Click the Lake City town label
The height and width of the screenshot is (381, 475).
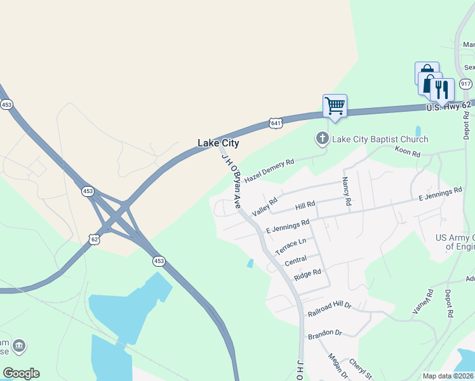(218, 144)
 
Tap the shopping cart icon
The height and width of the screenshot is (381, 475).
(335, 105)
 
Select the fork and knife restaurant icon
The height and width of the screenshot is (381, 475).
(443, 90)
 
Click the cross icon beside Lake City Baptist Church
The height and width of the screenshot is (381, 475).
(322, 138)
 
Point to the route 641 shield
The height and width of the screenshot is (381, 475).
(275, 123)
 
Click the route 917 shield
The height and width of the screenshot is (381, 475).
(465, 84)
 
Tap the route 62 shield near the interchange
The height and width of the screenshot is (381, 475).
(94, 239)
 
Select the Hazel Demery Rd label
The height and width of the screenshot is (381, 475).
(269, 171)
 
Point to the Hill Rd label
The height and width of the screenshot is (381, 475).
(305, 206)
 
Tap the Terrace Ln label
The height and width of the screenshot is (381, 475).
(291, 246)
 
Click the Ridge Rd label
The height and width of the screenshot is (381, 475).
(308, 274)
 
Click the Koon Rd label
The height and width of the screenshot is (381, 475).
(408, 153)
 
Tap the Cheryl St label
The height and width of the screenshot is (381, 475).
(360, 369)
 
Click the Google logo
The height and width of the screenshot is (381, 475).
(21, 373)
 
